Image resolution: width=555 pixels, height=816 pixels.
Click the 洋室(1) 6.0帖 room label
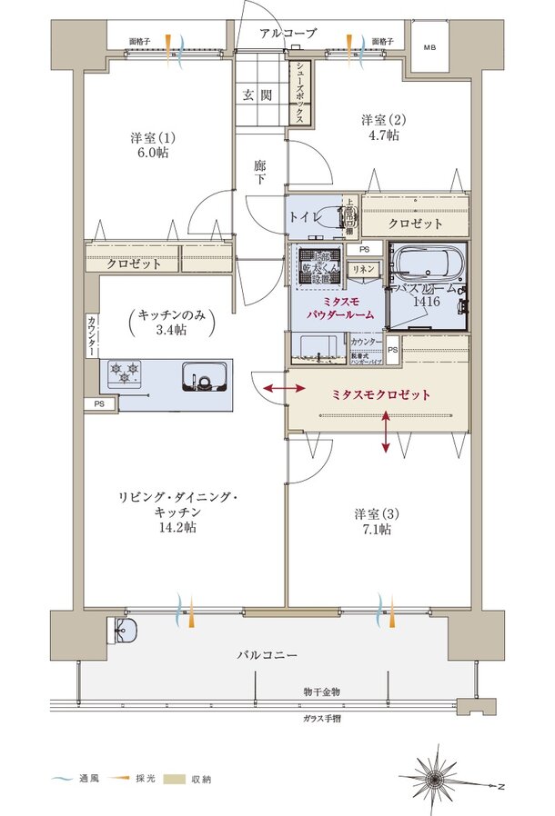coord(153,145)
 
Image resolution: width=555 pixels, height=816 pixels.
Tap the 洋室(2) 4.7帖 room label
coord(381,127)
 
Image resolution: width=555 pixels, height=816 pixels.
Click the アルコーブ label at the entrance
coord(288,33)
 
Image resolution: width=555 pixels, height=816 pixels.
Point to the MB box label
coord(429,46)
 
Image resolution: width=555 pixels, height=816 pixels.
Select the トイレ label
coord(303,218)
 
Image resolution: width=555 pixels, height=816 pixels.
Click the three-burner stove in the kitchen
coord(126,373)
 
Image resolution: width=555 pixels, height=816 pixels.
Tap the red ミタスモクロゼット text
coord(379,395)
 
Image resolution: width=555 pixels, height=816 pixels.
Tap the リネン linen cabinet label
coord(362,269)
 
